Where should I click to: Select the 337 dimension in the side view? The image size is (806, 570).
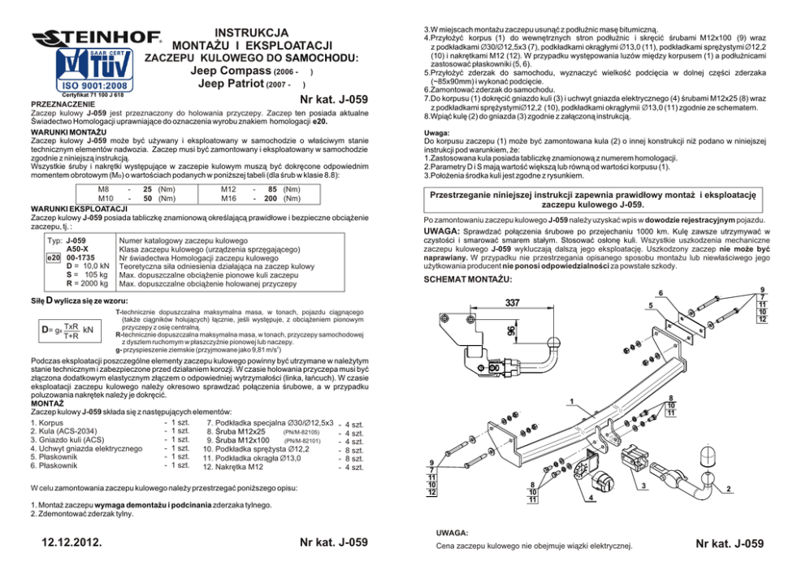(513, 303)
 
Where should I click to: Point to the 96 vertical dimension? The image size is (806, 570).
(509, 331)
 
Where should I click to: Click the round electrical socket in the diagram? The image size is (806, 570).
(604, 481)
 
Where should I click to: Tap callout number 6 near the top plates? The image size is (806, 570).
(660, 293)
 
